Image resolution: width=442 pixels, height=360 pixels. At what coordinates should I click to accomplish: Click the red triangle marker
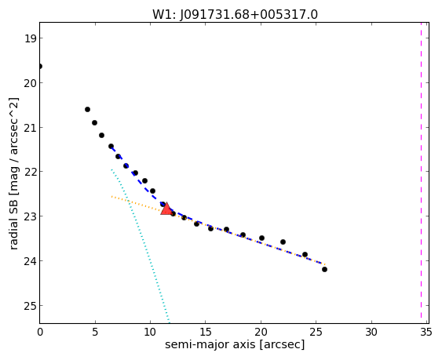(x=166, y=209)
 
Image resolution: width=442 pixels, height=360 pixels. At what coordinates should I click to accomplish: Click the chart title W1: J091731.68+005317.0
(x=235, y=15)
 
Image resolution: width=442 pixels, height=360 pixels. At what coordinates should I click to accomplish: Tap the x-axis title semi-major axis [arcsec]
(x=235, y=344)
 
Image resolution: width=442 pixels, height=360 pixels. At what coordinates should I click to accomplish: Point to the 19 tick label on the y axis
(x=30, y=38)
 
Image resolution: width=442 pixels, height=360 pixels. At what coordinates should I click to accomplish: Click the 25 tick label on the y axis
(x=30, y=306)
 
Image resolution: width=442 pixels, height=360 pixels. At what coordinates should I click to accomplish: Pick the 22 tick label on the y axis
(x=30, y=172)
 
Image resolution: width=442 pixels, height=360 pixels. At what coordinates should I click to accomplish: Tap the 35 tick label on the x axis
(x=426, y=333)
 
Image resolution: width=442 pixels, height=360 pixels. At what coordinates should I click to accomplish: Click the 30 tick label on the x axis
(x=371, y=333)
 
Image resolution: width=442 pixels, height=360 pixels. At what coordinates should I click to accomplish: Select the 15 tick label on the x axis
(x=206, y=333)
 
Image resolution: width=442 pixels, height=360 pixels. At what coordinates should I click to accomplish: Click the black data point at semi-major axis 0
(x=40, y=67)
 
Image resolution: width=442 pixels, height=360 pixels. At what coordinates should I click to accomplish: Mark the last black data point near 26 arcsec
(x=324, y=270)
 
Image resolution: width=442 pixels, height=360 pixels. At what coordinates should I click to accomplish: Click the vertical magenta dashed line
(x=421, y=170)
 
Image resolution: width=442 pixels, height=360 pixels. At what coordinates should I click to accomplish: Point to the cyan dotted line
(x=140, y=246)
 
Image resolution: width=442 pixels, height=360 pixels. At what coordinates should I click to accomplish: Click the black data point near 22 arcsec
(x=283, y=242)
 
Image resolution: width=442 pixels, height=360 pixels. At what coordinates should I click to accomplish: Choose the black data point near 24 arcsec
(x=305, y=255)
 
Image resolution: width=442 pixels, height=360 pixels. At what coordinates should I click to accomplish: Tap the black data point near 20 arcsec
(x=261, y=238)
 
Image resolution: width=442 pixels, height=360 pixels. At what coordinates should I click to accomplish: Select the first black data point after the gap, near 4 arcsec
(x=87, y=109)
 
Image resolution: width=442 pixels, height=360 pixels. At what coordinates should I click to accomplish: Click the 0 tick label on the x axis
(x=40, y=333)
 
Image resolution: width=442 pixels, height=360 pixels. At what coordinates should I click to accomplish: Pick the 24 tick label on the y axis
(x=30, y=261)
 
